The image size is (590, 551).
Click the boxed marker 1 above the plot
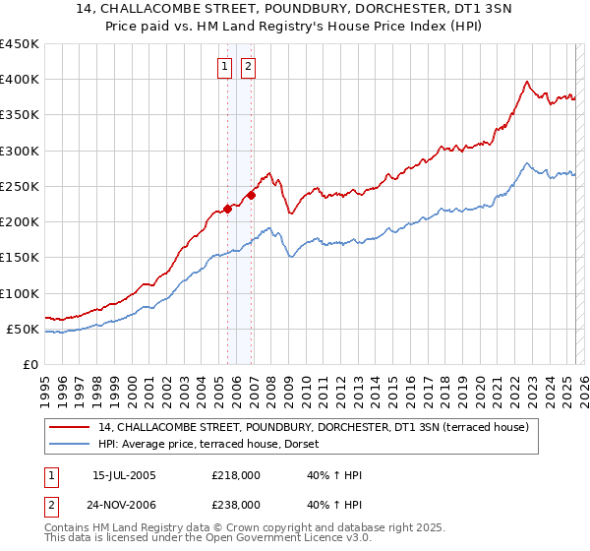tap(224, 67)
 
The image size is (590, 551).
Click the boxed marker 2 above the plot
tap(247, 67)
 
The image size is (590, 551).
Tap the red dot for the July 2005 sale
tap(227, 208)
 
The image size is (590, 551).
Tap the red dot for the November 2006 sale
tap(252, 195)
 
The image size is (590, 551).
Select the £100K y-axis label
tap(19, 293)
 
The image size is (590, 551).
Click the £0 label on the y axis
tap(29, 364)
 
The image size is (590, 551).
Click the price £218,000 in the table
tap(236, 475)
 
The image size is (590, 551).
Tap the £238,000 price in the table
tap(236, 504)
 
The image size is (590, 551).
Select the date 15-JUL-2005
tap(124, 475)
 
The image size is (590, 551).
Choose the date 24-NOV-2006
tap(124, 504)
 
